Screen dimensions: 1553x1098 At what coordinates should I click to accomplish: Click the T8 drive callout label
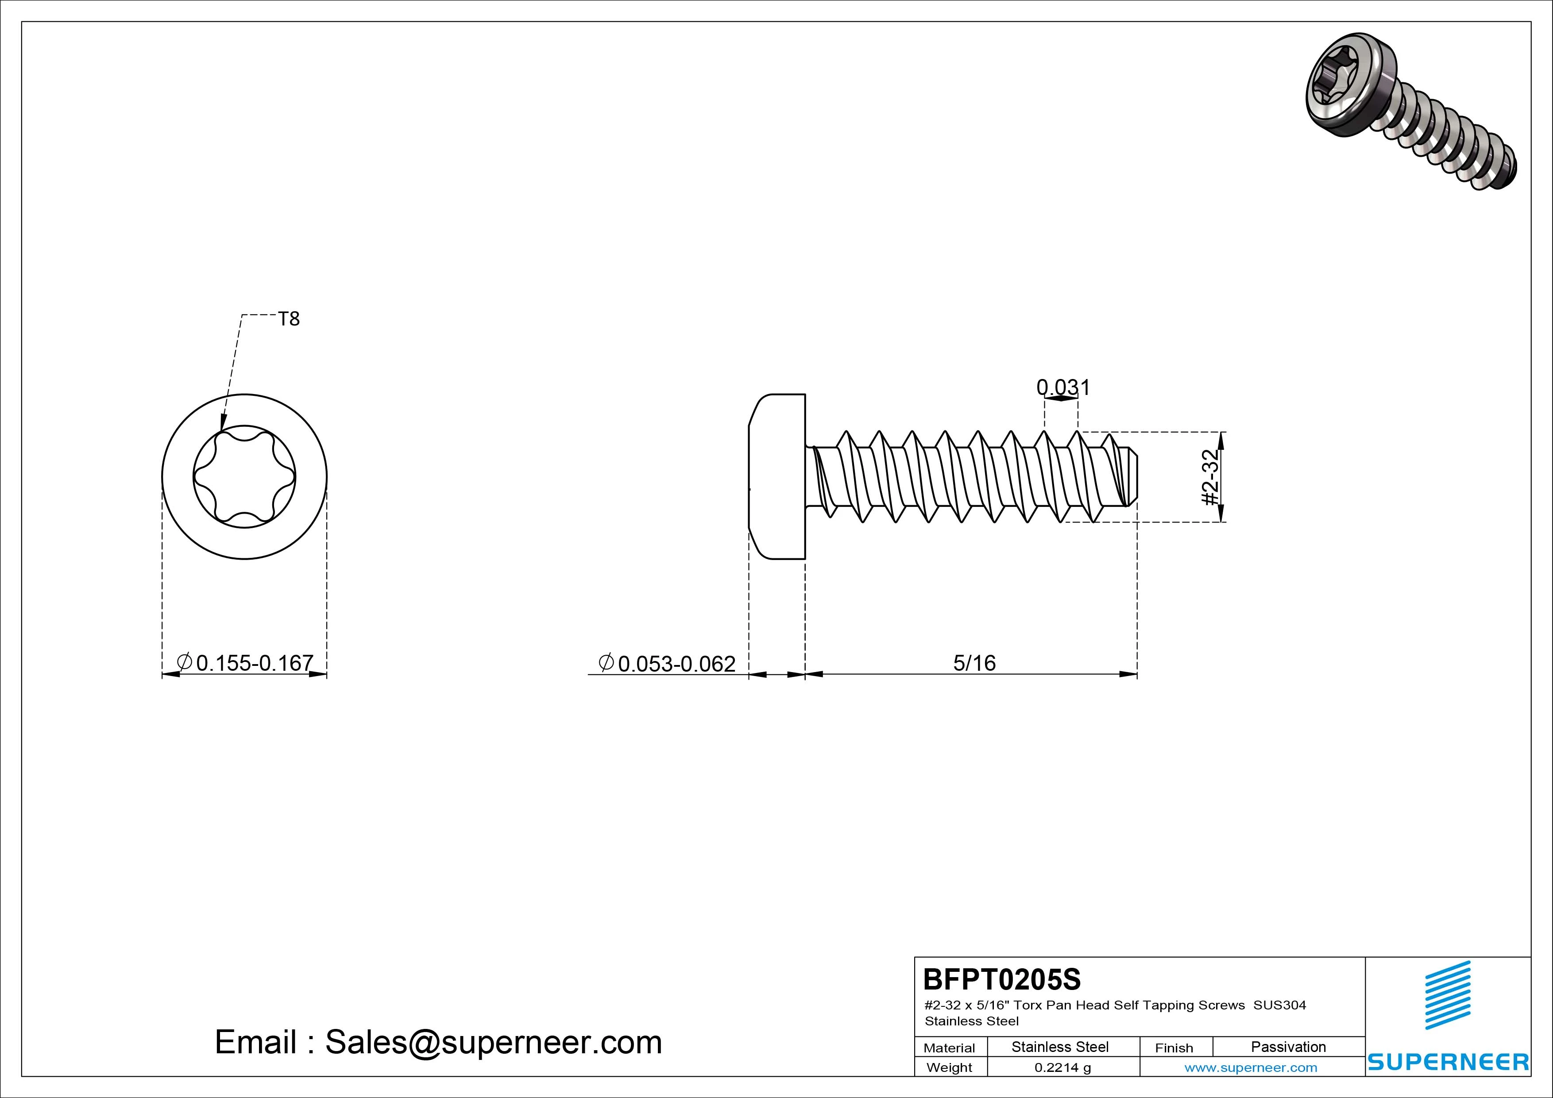[x=289, y=319]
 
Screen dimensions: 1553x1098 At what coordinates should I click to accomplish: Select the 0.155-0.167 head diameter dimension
[x=245, y=662]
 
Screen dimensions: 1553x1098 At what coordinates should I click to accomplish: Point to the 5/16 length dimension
[x=974, y=663]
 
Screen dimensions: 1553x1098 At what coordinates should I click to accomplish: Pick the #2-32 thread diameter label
[x=1211, y=477]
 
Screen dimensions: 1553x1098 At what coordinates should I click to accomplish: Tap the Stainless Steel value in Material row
[x=1060, y=1047]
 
